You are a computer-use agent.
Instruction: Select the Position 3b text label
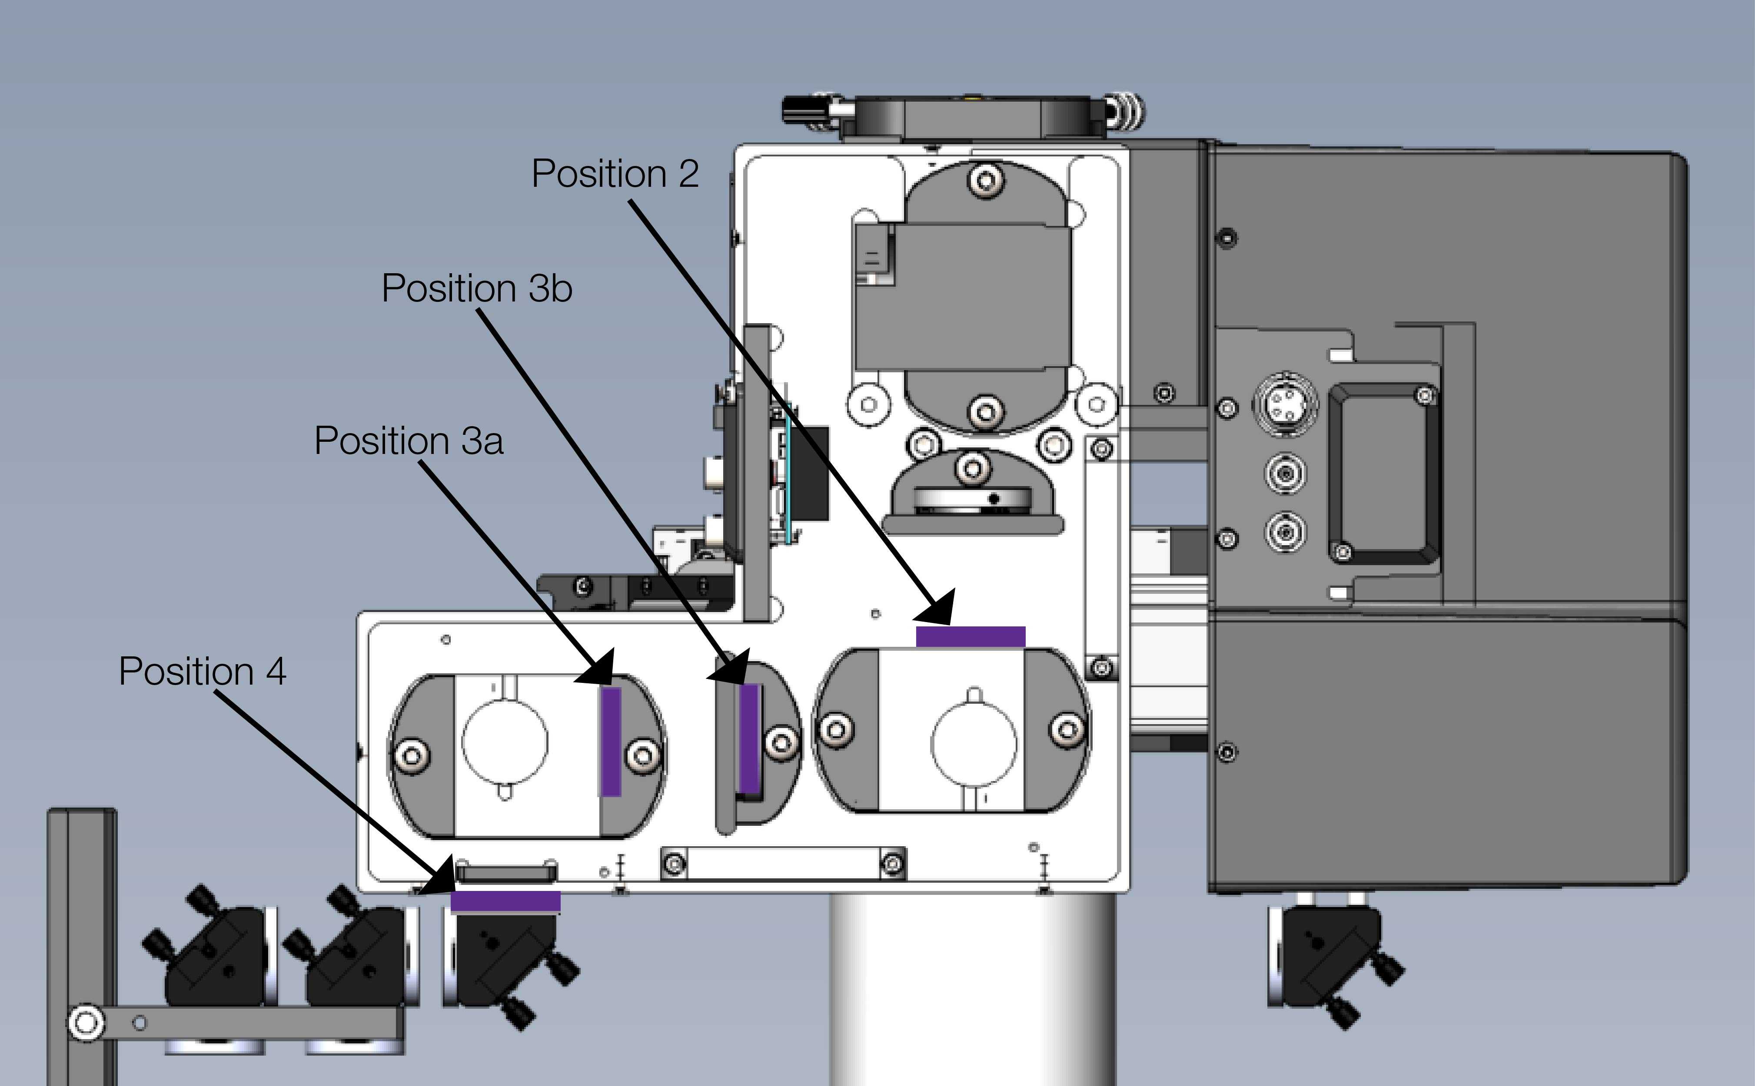click(476, 289)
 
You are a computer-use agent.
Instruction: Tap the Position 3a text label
click(408, 441)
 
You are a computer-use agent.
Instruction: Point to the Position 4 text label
click(202, 672)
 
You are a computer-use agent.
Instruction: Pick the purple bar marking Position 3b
click(750, 738)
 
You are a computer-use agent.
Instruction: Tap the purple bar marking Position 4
click(505, 901)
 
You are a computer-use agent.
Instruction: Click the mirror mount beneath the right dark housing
click(1330, 963)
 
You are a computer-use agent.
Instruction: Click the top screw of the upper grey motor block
click(985, 179)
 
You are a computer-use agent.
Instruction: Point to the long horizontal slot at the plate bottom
click(783, 863)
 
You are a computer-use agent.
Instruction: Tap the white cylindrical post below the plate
click(972, 991)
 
